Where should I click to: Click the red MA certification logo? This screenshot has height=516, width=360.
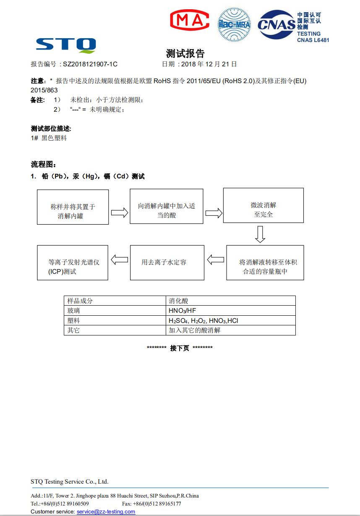[x=189, y=20]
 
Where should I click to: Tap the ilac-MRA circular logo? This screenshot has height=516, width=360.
[x=234, y=24]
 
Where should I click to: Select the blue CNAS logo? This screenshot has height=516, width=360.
[x=276, y=24]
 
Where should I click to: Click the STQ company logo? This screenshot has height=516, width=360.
[x=66, y=45]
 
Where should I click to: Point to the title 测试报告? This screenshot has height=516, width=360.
[x=185, y=53]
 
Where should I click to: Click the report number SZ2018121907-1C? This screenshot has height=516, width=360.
[x=90, y=64]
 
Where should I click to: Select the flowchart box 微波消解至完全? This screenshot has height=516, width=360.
[x=263, y=205]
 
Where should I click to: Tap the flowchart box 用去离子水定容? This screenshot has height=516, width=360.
[x=167, y=262]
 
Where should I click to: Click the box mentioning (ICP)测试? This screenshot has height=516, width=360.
[x=73, y=262]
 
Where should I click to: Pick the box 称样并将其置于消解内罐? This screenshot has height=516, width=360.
[x=73, y=207]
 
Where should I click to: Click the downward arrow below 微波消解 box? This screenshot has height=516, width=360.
[x=260, y=234]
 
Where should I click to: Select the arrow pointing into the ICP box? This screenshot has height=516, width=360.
[x=119, y=259]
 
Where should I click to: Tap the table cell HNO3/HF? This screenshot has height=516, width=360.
[x=231, y=311]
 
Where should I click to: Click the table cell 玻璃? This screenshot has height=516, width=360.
[x=115, y=311]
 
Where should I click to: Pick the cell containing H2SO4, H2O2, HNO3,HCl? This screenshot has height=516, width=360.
[x=231, y=320]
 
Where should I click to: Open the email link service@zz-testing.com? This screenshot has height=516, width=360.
[x=106, y=511]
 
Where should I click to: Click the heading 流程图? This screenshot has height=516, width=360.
[x=43, y=164]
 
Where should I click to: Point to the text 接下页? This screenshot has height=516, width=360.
[x=180, y=348]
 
